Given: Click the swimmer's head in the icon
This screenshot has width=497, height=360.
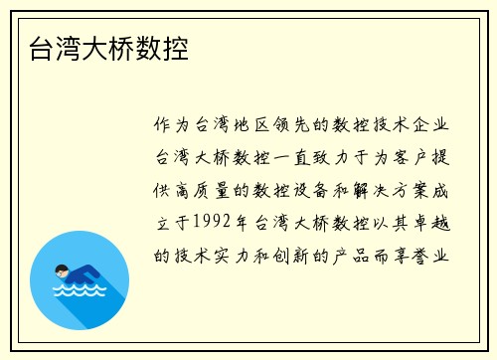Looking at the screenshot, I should coord(62,270).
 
